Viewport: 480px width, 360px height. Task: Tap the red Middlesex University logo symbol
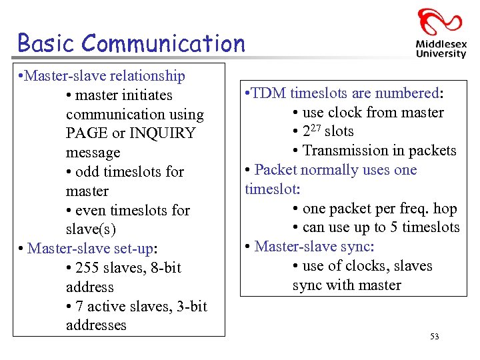click(x=439, y=22)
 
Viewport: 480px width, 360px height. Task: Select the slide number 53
click(x=435, y=337)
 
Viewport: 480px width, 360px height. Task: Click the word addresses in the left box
click(x=96, y=325)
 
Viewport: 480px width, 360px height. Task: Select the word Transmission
click(x=349, y=151)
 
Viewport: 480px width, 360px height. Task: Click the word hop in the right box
click(x=445, y=209)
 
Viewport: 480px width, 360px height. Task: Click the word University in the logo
click(x=441, y=55)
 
